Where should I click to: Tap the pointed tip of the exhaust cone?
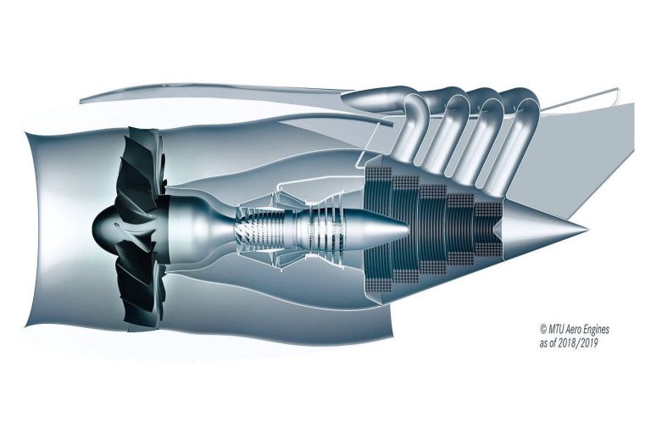coord(587,229)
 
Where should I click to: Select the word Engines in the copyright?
coord(596,330)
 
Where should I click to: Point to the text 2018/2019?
coord(578,343)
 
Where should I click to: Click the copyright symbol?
coord(543,330)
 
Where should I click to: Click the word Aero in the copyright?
coord(573,330)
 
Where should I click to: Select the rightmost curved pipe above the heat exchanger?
coord(519,137)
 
